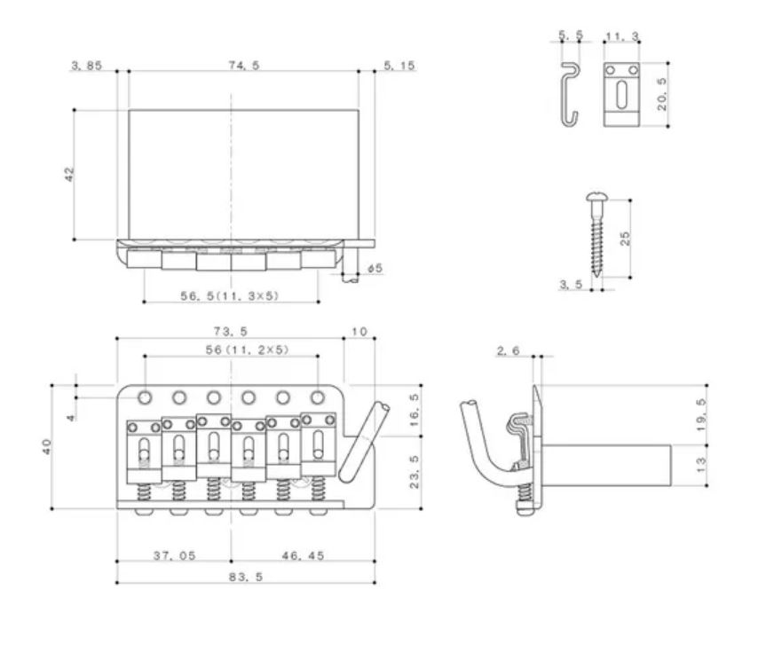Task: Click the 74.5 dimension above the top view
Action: [x=244, y=65]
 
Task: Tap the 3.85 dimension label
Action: [x=86, y=66]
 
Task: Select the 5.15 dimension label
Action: [x=399, y=66]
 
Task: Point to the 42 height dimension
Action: [x=69, y=174]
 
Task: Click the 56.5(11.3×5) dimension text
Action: [x=230, y=295]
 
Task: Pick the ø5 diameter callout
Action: [x=375, y=268]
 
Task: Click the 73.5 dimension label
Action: [x=230, y=331]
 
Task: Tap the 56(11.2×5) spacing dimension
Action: [x=247, y=350]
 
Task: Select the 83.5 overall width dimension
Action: [x=246, y=577]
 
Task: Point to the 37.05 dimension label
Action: [x=174, y=555]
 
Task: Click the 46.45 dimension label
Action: [x=303, y=555]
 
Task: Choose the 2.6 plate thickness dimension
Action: [x=508, y=350]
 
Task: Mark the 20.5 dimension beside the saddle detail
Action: [x=661, y=94]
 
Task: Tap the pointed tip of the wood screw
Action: [x=596, y=276]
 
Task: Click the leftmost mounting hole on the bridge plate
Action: [x=145, y=397]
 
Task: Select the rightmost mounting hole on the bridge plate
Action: [x=318, y=397]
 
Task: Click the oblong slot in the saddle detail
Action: [x=621, y=95]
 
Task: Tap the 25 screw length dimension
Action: [x=625, y=239]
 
